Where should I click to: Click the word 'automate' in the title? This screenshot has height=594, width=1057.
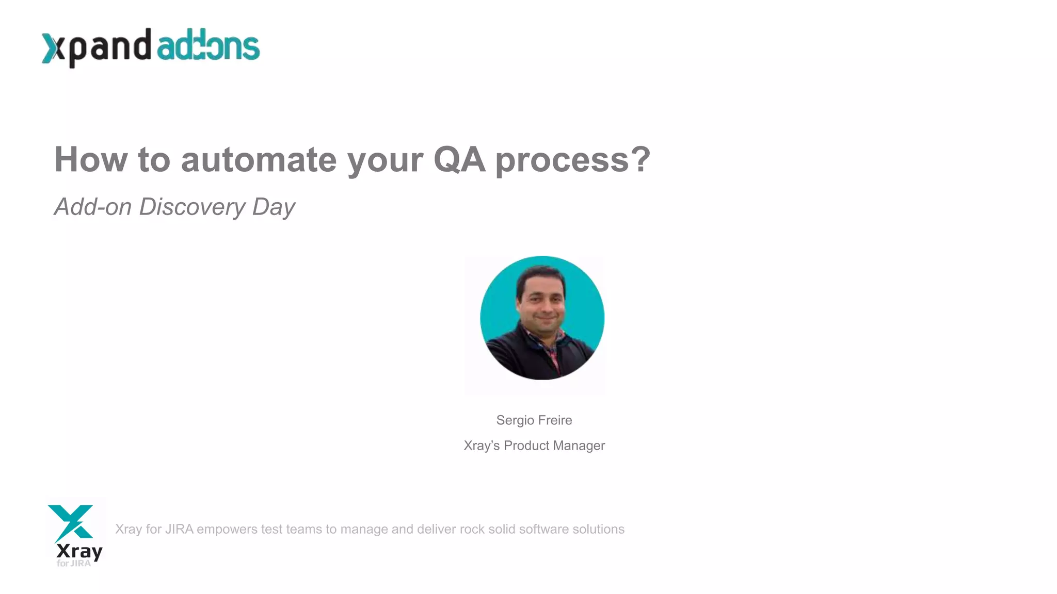259,159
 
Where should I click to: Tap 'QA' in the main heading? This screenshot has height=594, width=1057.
459,159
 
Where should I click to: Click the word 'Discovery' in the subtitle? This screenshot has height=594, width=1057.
192,207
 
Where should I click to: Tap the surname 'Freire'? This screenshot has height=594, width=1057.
556,420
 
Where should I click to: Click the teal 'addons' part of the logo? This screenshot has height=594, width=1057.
207,46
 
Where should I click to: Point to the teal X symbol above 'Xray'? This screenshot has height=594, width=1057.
71,522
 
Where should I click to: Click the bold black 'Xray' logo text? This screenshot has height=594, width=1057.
79,551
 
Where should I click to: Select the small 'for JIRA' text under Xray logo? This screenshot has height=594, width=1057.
73,563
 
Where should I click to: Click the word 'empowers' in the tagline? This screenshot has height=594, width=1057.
227,529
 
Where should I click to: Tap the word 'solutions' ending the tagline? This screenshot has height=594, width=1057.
598,529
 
